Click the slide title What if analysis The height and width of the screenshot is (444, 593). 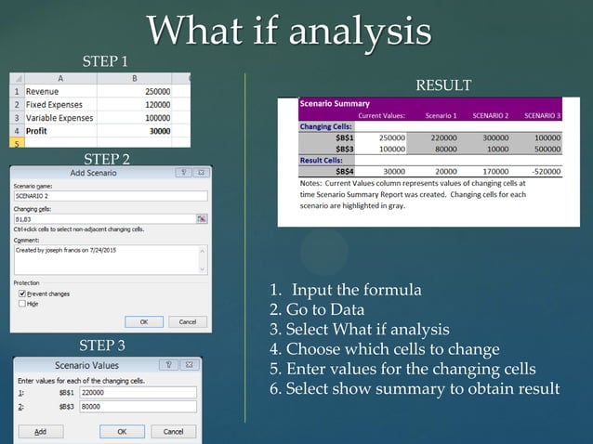[x=288, y=31]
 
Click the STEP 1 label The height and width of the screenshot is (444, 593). [x=106, y=61]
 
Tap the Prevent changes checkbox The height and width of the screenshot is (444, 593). [x=22, y=294]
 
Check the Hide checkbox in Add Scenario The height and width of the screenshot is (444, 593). [x=22, y=304]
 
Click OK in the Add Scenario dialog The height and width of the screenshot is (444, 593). [x=143, y=321]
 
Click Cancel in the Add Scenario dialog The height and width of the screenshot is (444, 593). [x=187, y=321]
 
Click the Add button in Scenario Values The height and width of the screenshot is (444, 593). [x=40, y=432]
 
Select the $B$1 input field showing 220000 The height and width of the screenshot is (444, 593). [x=138, y=393]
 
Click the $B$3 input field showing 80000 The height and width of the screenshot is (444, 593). [x=138, y=407]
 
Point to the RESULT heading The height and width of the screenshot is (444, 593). [x=442, y=85]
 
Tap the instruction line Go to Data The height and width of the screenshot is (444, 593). [x=318, y=310]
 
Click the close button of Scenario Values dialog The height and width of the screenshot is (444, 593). [x=196, y=365]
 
